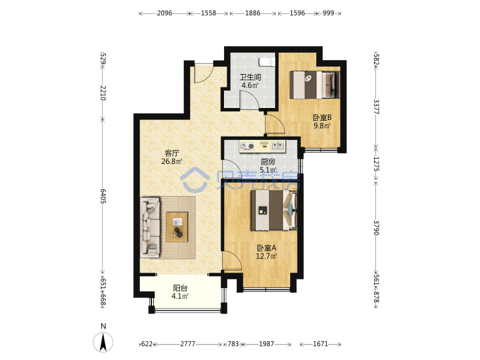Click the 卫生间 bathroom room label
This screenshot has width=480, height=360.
[x=250, y=77]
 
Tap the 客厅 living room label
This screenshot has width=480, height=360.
[x=172, y=153]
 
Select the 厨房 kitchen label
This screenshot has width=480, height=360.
[x=268, y=162]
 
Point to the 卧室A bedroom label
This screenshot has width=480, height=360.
[x=266, y=247]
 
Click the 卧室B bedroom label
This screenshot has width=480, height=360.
[x=322, y=117]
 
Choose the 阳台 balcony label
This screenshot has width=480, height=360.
[x=180, y=288]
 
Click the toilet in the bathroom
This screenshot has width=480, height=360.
[x=267, y=62]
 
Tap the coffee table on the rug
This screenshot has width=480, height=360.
[x=177, y=227]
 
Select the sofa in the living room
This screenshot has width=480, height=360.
[x=150, y=227]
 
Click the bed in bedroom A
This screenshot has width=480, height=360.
[x=274, y=210]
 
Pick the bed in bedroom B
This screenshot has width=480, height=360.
[x=315, y=85]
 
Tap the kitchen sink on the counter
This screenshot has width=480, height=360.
[x=278, y=146]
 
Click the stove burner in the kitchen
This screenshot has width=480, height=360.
[x=251, y=147]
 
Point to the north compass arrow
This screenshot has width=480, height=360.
[x=103, y=342]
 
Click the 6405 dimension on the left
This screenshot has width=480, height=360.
[x=103, y=196]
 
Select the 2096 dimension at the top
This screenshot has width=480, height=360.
[x=165, y=13]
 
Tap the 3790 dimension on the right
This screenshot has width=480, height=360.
[x=376, y=227]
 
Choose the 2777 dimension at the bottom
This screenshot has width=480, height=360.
[x=187, y=344]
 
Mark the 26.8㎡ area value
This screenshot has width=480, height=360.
[x=172, y=161]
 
